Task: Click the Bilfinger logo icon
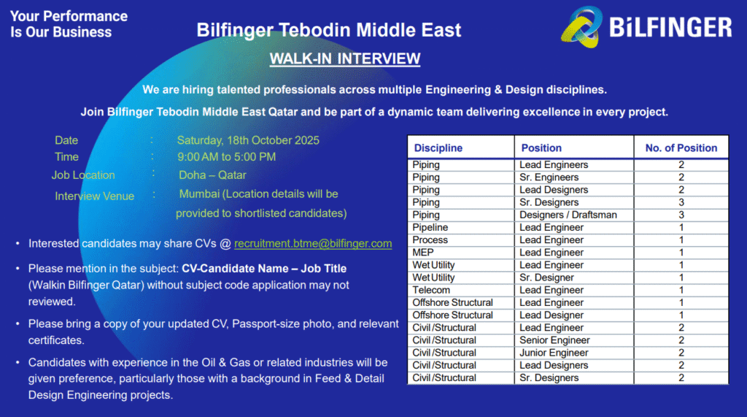[x=582, y=26]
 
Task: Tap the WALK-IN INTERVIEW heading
[x=344, y=58]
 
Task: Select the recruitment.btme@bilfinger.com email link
[x=313, y=244]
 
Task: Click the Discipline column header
[x=438, y=148]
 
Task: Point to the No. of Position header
[x=681, y=148]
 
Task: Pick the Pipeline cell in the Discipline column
[x=430, y=227]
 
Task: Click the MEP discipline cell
[x=423, y=252]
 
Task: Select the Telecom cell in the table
[x=431, y=290]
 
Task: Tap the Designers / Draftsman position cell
[x=568, y=215]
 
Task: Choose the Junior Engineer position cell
[x=554, y=353]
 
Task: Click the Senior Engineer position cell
[x=554, y=340]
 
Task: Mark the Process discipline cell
[x=430, y=240]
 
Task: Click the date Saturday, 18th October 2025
[x=248, y=140]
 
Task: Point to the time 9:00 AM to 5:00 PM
[x=226, y=157]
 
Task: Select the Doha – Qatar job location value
[x=212, y=175]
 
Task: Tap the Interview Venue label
[x=94, y=196]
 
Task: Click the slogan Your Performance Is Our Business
[x=69, y=24]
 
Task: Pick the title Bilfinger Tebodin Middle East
[x=329, y=30]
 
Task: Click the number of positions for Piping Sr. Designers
[x=681, y=202]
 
